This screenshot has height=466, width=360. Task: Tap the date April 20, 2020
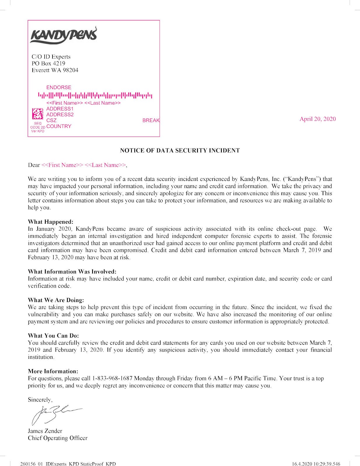click(317, 119)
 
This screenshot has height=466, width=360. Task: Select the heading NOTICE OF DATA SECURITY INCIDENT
click(180, 151)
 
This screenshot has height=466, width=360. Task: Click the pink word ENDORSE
click(59, 87)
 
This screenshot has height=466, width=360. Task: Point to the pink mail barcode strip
click(95, 95)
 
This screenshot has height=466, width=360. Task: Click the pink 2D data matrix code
click(38, 114)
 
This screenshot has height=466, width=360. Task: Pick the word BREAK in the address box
click(151, 120)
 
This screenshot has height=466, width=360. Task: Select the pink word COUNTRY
click(59, 126)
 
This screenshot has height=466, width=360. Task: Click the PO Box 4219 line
click(48, 63)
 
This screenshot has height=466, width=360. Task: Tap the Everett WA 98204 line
click(55, 70)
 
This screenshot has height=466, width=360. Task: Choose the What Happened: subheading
click(50, 222)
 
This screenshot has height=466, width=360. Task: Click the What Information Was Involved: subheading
click(72, 271)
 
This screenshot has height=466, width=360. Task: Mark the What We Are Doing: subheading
click(56, 300)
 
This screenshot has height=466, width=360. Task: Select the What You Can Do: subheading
click(53, 336)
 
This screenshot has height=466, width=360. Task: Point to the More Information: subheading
click(53, 371)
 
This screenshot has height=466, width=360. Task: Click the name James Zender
click(45, 431)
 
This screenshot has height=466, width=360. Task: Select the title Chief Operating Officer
click(57, 438)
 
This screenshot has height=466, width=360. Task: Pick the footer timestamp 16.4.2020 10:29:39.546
click(316, 464)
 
